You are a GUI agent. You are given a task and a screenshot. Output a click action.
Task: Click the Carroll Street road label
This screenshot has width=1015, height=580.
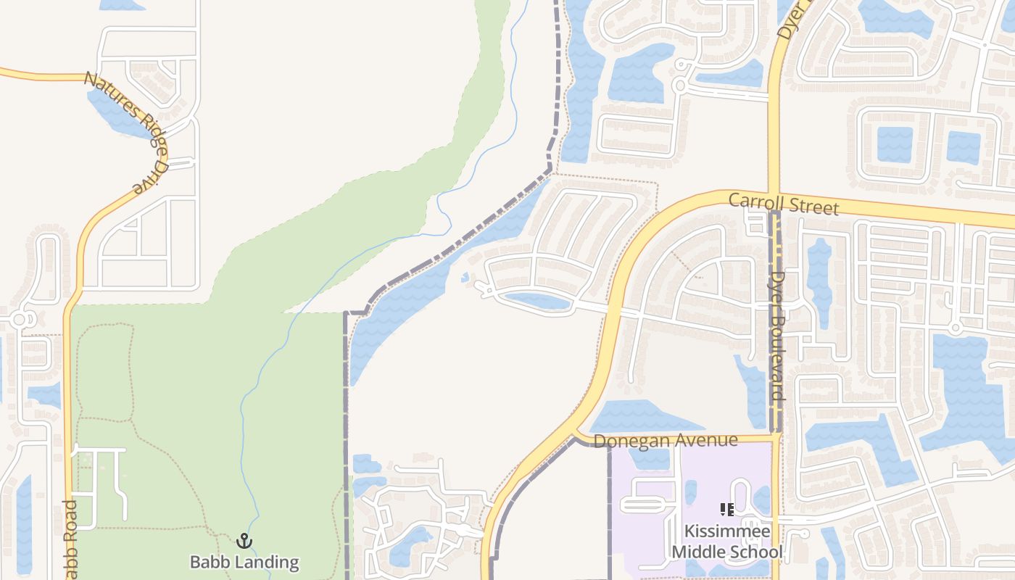point(783,204)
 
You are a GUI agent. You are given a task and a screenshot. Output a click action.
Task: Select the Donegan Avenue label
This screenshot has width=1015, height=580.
point(665,441)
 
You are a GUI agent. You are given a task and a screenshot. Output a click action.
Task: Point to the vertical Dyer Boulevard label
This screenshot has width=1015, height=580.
point(778,336)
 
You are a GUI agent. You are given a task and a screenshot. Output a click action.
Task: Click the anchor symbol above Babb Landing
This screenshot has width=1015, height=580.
point(244,541)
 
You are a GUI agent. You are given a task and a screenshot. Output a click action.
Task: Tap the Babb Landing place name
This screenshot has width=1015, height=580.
point(244,562)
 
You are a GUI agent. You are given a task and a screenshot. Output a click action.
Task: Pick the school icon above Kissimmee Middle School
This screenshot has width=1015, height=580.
point(726,510)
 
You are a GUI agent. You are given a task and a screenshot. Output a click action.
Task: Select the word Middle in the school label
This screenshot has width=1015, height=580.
point(702,552)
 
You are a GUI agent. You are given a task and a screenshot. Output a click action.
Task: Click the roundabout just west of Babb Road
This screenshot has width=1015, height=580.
point(19,319)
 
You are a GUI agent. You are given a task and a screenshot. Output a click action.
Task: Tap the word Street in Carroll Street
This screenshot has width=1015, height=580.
point(811,207)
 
